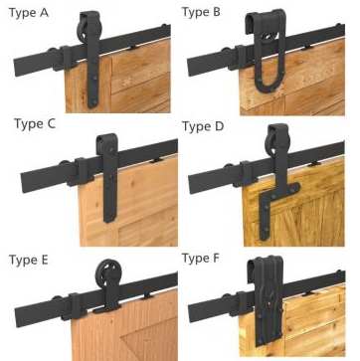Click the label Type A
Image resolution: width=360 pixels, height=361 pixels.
click(29, 13)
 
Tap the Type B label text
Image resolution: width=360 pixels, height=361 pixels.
click(201, 12)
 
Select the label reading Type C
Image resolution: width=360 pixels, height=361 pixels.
click(35, 124)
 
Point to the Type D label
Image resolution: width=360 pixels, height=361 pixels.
click(203, 126)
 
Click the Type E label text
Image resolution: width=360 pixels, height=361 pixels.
click(29, 260)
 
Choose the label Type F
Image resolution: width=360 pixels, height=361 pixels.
click(201, 259)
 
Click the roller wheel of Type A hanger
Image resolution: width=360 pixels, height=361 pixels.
click(85, 29)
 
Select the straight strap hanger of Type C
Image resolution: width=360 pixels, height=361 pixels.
click(109, 177)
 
